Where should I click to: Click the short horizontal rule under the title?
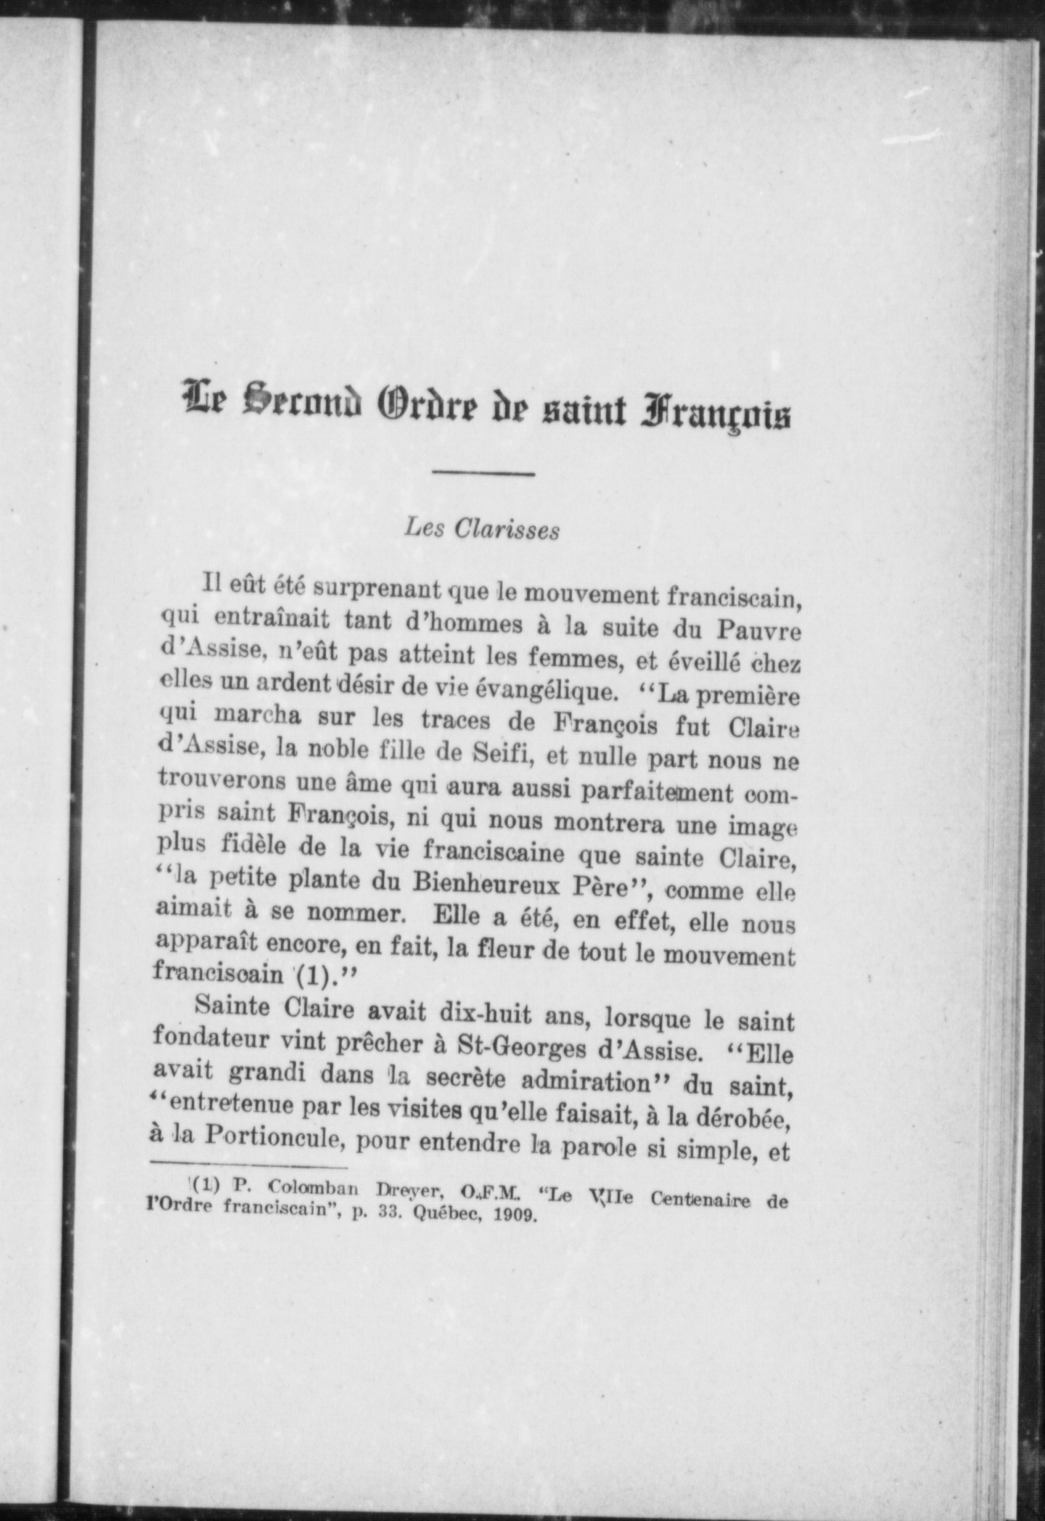coord(483,475)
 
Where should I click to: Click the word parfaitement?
coord(660,792)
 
